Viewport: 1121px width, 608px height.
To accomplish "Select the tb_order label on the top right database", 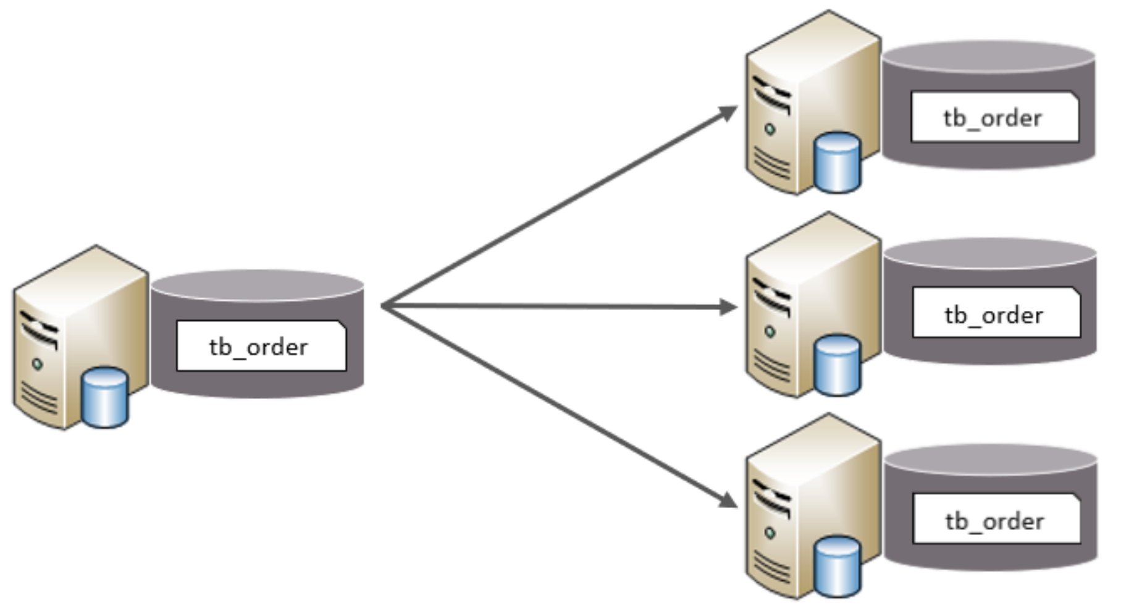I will coord(994,117).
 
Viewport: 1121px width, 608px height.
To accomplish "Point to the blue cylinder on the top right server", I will coord(837,162).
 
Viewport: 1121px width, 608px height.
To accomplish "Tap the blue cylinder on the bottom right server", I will coord(837,567).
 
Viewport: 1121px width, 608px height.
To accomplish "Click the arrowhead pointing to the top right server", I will coord(729,113).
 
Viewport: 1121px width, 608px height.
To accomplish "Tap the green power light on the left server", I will coord(37,364).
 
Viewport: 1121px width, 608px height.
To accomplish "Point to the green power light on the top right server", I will coord(770,129).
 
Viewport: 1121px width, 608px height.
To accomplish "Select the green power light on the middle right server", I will coord(770,332).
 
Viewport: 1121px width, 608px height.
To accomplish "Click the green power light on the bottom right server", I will coord(770,533).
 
